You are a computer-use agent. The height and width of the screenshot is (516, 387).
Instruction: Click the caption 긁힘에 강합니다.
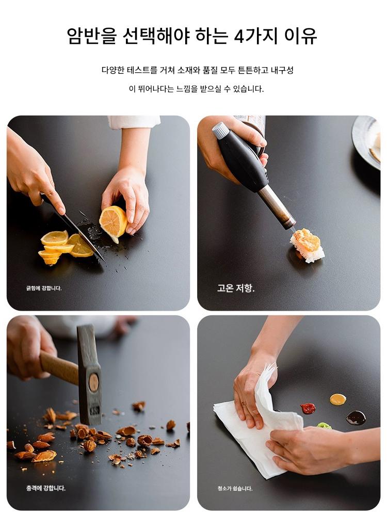click(44, 288)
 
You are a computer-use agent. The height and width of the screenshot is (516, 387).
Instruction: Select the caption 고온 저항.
click(236, 288)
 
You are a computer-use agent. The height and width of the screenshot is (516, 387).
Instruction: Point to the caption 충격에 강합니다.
click(46, 488)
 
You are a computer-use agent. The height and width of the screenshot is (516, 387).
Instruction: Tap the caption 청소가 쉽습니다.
click(235, 488)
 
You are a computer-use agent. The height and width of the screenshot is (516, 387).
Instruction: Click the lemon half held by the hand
click(113, 221)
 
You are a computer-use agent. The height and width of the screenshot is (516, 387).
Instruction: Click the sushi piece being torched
click(307, 245)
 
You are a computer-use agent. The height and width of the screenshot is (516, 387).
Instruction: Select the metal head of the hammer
click(89, 375)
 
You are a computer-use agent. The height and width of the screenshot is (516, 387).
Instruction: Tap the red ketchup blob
click(308, 409)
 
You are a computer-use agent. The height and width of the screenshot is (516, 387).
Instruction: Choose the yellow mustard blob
click(338, 399)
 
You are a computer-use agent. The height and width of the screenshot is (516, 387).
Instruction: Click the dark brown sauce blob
click(356, 417)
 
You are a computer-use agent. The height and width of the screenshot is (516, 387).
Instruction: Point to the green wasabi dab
click(324, 426)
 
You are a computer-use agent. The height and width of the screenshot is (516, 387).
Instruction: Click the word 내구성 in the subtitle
click(282, 70)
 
